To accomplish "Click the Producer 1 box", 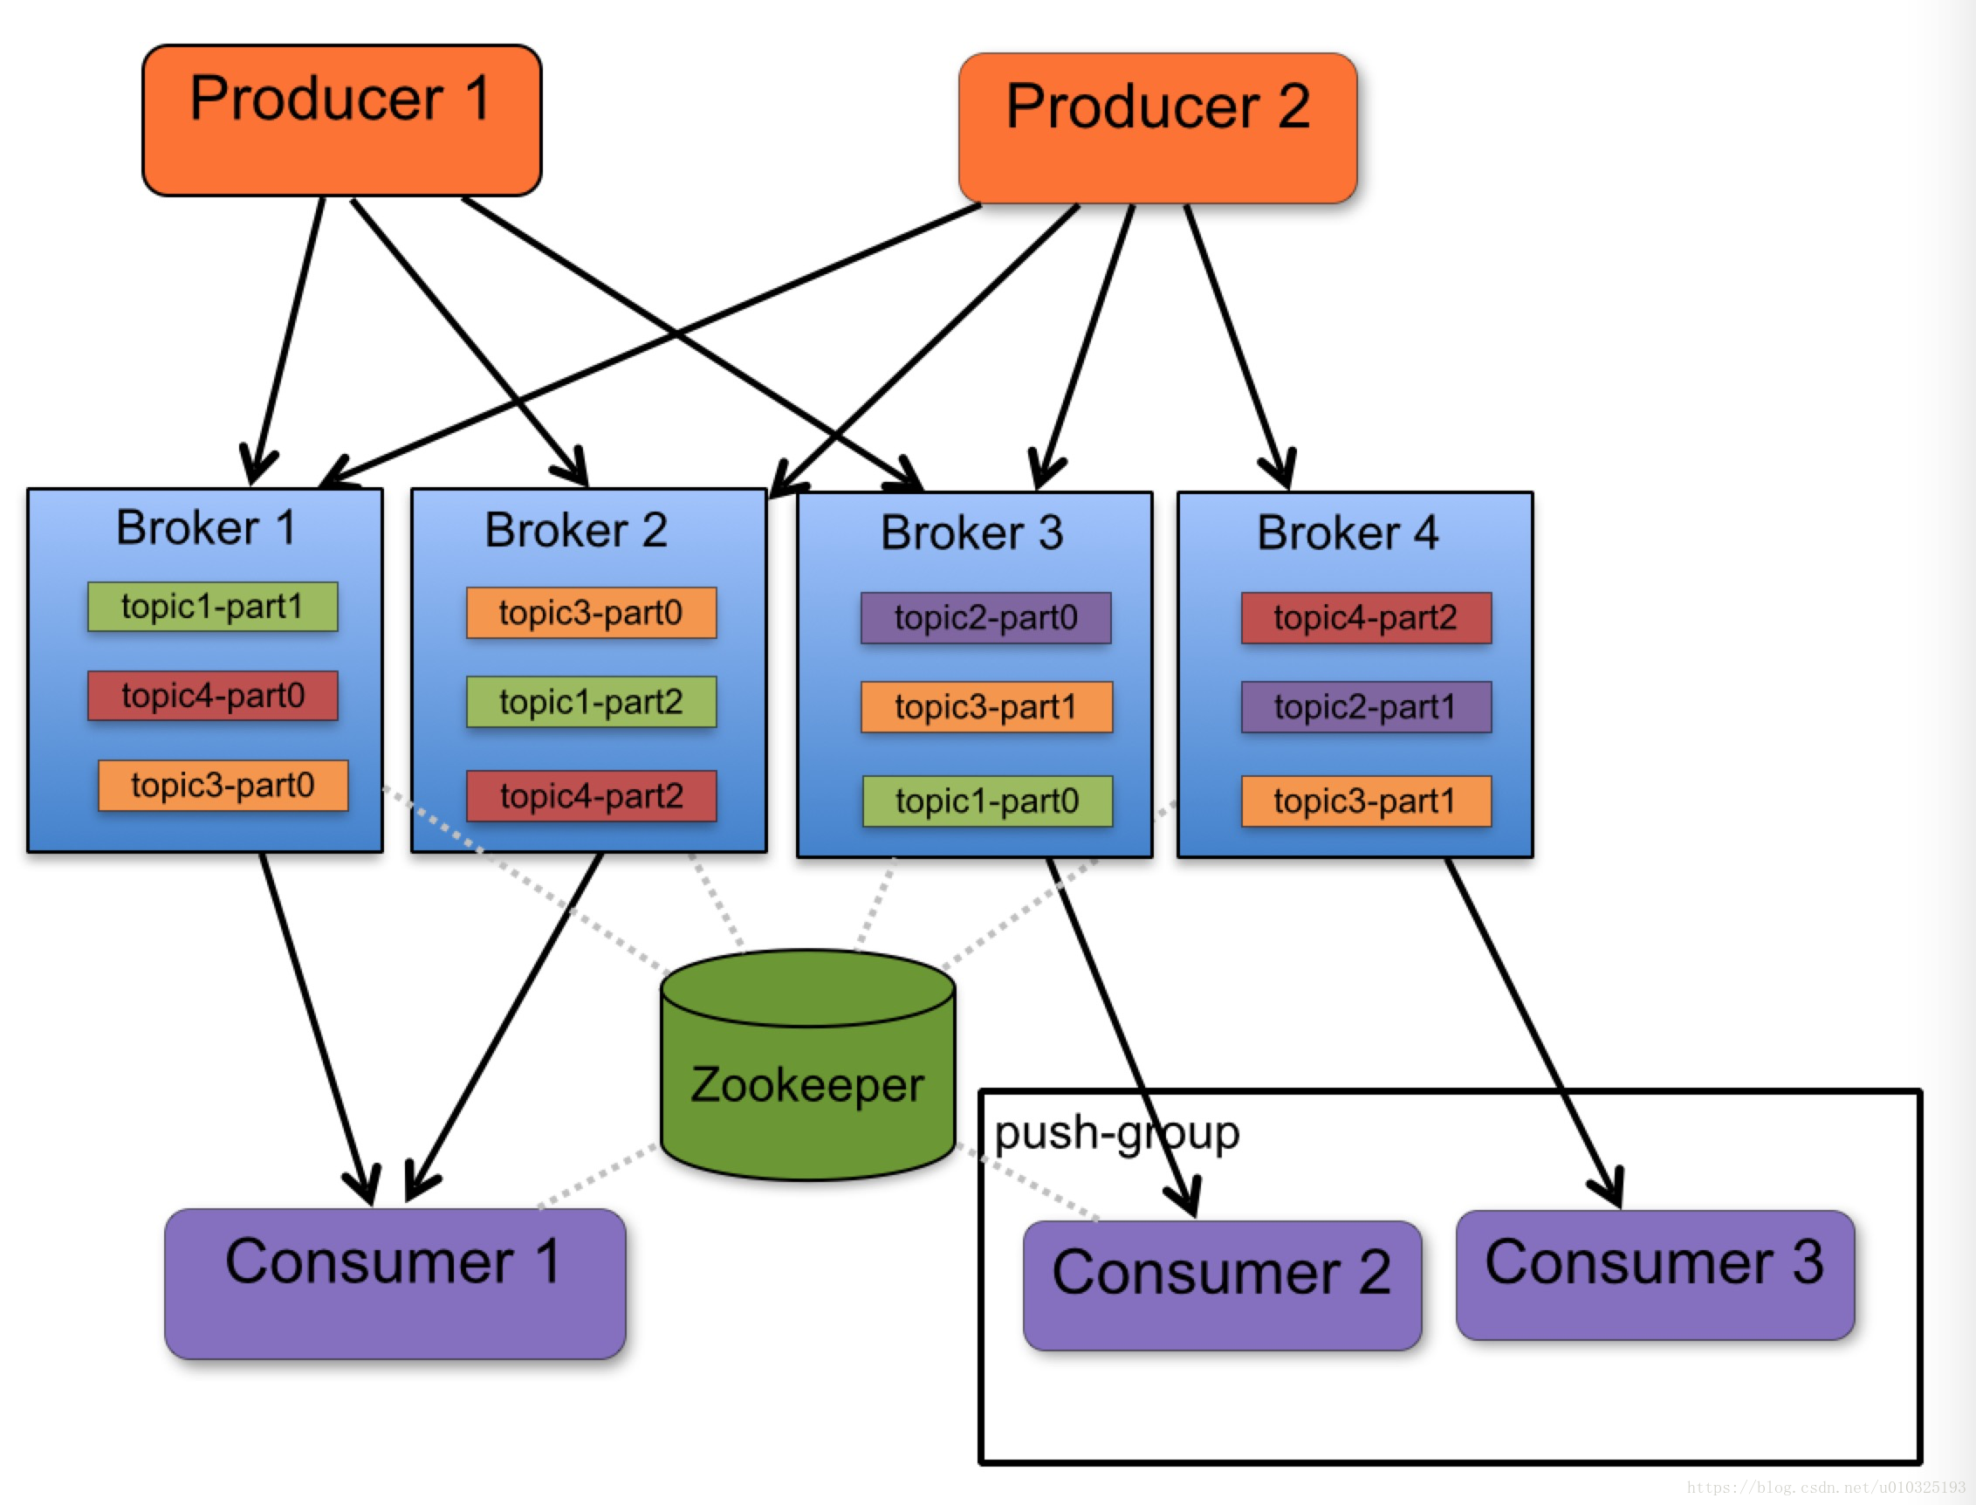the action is point(342,120).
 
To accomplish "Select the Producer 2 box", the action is point(1158,128).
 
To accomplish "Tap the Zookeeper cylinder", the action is point(808,1065).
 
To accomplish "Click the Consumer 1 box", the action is point(395,1284).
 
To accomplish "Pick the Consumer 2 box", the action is point(1223,1286).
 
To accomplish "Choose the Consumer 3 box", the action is point(1656,1275).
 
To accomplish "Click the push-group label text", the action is point(1117,1134).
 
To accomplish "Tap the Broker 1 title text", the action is point(206,526).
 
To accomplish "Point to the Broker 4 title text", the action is point(1348,533).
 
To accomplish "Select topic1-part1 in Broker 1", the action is point(213,607).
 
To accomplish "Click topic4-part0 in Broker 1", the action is point(213,695).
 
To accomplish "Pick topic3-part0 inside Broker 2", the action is point(591,613).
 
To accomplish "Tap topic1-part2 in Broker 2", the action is point(591,702).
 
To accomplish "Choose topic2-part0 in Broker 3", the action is point(986,617).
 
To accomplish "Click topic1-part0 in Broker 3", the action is point(988,801).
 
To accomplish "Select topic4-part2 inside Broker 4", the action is point(1367,617).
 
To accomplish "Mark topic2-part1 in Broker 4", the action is point(1367,707).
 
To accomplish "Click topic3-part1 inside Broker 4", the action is point(1367,801).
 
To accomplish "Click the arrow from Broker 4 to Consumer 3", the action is point(1534,1033).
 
